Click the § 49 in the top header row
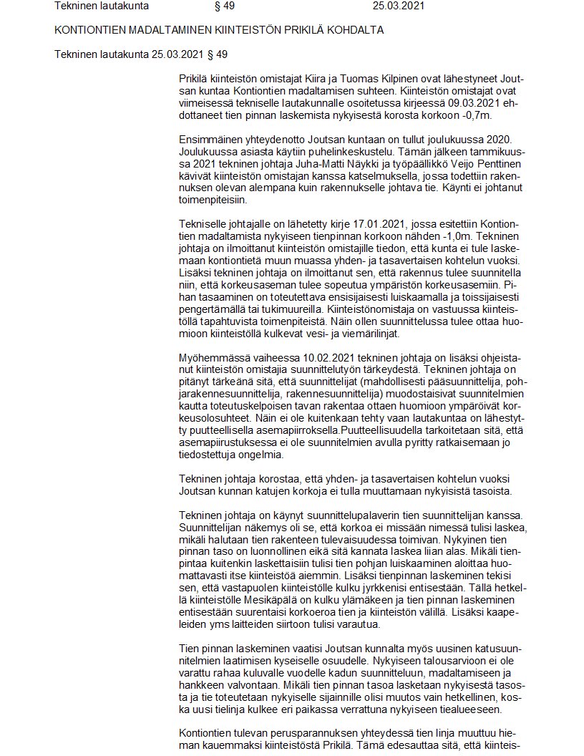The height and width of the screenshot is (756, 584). [225, 6]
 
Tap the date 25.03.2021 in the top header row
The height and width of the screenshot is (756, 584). [399, 6]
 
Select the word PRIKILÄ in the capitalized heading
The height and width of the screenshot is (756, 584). [290, 30]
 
